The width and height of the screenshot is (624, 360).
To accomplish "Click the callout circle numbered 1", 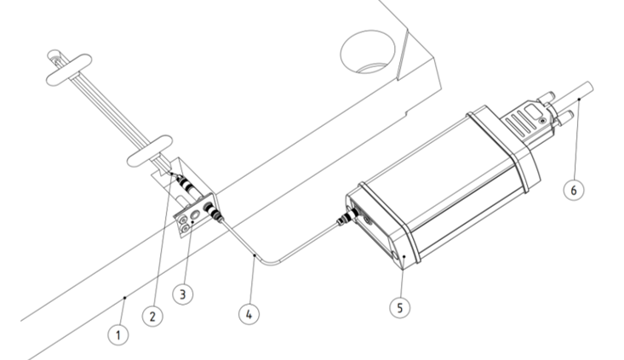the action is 118,335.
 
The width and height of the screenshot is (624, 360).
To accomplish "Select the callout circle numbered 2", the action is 152,317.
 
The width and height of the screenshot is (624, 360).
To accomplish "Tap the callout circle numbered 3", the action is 183,294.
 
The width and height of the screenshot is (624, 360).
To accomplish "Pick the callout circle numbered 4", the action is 249,314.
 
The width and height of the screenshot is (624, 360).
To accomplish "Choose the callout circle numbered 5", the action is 400,307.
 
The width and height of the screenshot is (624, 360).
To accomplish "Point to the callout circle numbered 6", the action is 574,190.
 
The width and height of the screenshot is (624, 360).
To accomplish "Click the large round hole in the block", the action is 368,52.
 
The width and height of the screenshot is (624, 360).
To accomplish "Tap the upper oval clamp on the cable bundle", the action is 69,70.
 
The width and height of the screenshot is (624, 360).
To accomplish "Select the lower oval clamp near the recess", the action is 149,151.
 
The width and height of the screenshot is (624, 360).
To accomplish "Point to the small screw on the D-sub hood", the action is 541,120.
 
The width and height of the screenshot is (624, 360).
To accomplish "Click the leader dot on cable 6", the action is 579,99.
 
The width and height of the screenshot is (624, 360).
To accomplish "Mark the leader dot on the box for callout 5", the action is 404,257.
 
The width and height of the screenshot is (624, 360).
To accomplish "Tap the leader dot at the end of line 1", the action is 125,297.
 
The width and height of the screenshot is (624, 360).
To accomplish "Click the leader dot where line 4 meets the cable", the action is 254,256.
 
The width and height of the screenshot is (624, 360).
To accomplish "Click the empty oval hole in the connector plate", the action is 195,214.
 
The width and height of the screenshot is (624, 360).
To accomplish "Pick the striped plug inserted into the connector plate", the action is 214,212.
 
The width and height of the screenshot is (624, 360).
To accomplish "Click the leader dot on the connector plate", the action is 192,222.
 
